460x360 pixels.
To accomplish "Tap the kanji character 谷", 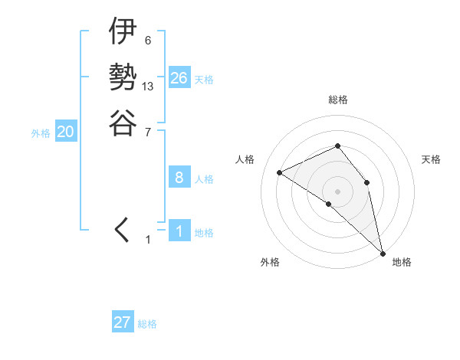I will pos(123,122).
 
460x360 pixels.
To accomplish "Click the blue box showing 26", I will pos(179,77).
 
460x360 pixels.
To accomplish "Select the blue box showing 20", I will pos(66,132).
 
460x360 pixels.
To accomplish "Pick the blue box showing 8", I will pos(179,178).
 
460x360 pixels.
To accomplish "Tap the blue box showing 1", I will pos(179,231).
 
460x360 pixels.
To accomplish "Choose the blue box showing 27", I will pos(122,322).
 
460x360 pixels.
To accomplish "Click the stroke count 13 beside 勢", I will pos(148,87).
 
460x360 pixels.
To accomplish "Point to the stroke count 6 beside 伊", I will pos(147,41).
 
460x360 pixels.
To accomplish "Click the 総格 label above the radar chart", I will pos(337,100).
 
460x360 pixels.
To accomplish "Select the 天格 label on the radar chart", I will pos(431,159).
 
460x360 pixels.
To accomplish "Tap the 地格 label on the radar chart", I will pos(402,262).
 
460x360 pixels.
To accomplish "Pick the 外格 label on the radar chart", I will pos(270,262).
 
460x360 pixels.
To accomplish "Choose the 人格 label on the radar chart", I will pos(245,159).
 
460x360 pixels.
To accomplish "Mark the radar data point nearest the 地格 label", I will pos(382,252).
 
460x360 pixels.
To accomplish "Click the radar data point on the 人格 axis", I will pos(280,172).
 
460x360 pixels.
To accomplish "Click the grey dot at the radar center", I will pos(337,191).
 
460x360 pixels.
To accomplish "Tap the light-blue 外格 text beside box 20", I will pos(41,133).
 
